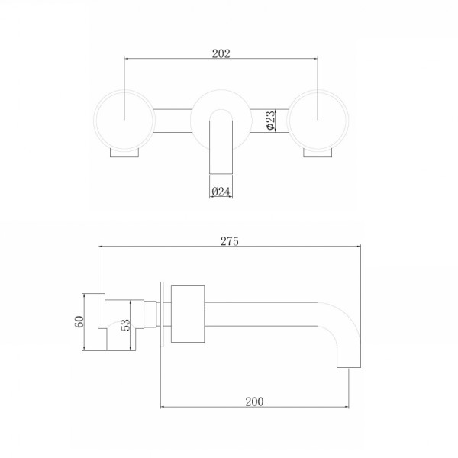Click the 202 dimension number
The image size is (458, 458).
tap(221, 53)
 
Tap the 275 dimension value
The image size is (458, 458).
tap(230, 242)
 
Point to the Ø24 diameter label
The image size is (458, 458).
tap(221, 191)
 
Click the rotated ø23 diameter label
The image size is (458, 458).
tap(271, 121)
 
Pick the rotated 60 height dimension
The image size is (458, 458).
tap(79, 322)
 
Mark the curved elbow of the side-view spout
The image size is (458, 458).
tap(340, 324)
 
